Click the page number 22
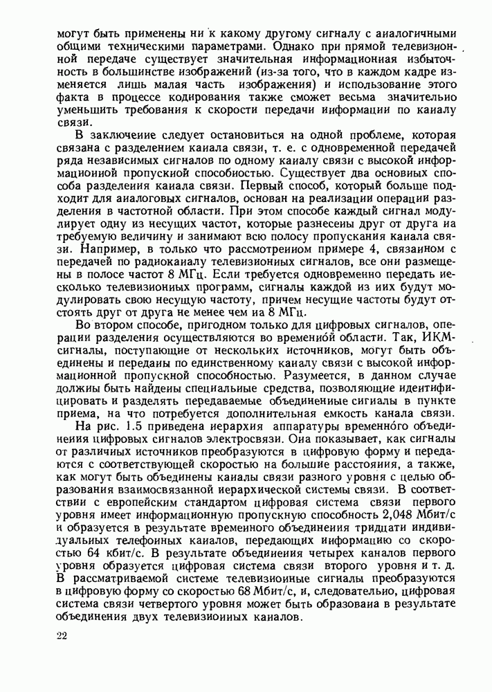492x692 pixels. (63, 634)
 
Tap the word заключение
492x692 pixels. (119, 135)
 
